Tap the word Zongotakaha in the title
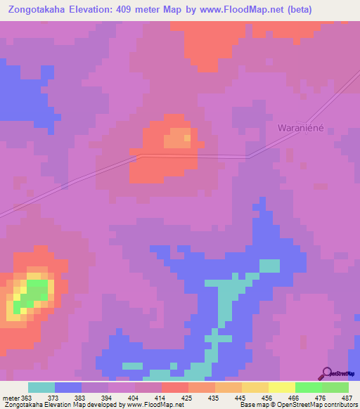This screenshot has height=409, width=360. tap(41, 10)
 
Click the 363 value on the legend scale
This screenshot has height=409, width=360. tap(27, 397)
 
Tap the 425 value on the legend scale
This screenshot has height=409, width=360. tap(188, 397)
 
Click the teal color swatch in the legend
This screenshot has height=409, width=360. tap(41, 387)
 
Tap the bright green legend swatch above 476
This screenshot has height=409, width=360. tap(308, 387)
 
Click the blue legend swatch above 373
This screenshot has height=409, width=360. tap(67, 387)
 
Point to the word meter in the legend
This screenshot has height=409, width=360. tap(10, 397)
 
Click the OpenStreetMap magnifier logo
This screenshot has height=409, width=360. tap(326, 373)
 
